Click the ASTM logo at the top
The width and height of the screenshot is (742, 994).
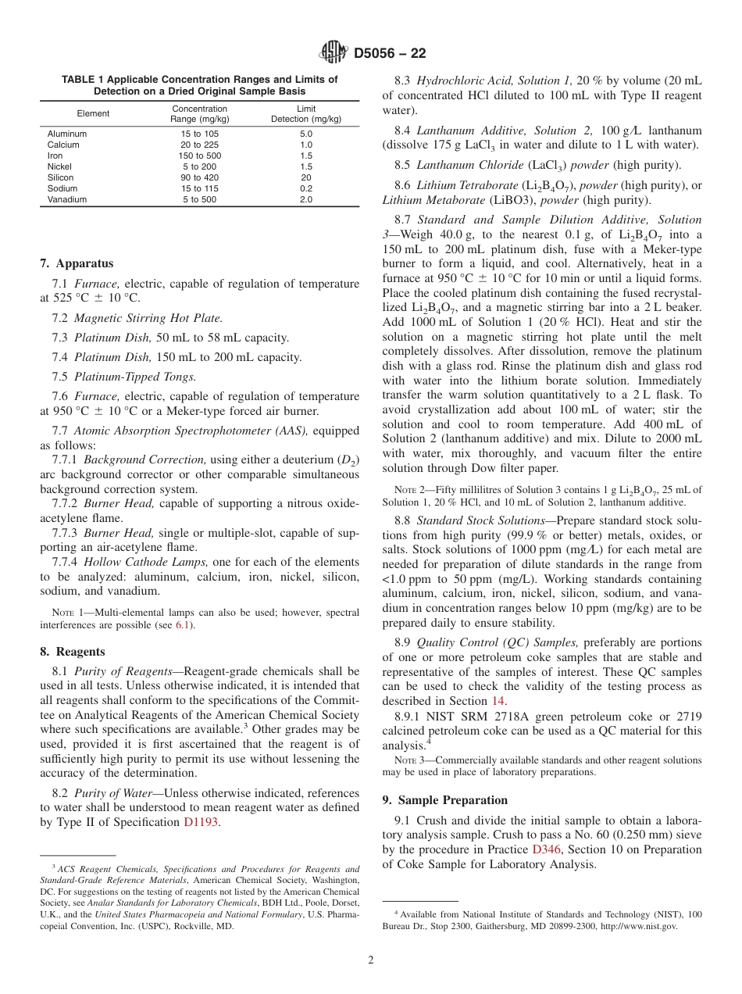[x=334, y=53]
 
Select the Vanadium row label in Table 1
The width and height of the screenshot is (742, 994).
[x=67, y=199]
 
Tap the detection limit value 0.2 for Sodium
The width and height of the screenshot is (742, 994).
[x=305, y=188]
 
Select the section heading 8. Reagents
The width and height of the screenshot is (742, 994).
[x=72, y=651]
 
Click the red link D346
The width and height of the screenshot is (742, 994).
[x=546, y=849]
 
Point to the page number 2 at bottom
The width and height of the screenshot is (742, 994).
[x=371, y=960]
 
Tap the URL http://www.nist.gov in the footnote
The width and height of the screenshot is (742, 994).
[x=638, y=926]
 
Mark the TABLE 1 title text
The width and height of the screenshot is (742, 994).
[x=199, y=85]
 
